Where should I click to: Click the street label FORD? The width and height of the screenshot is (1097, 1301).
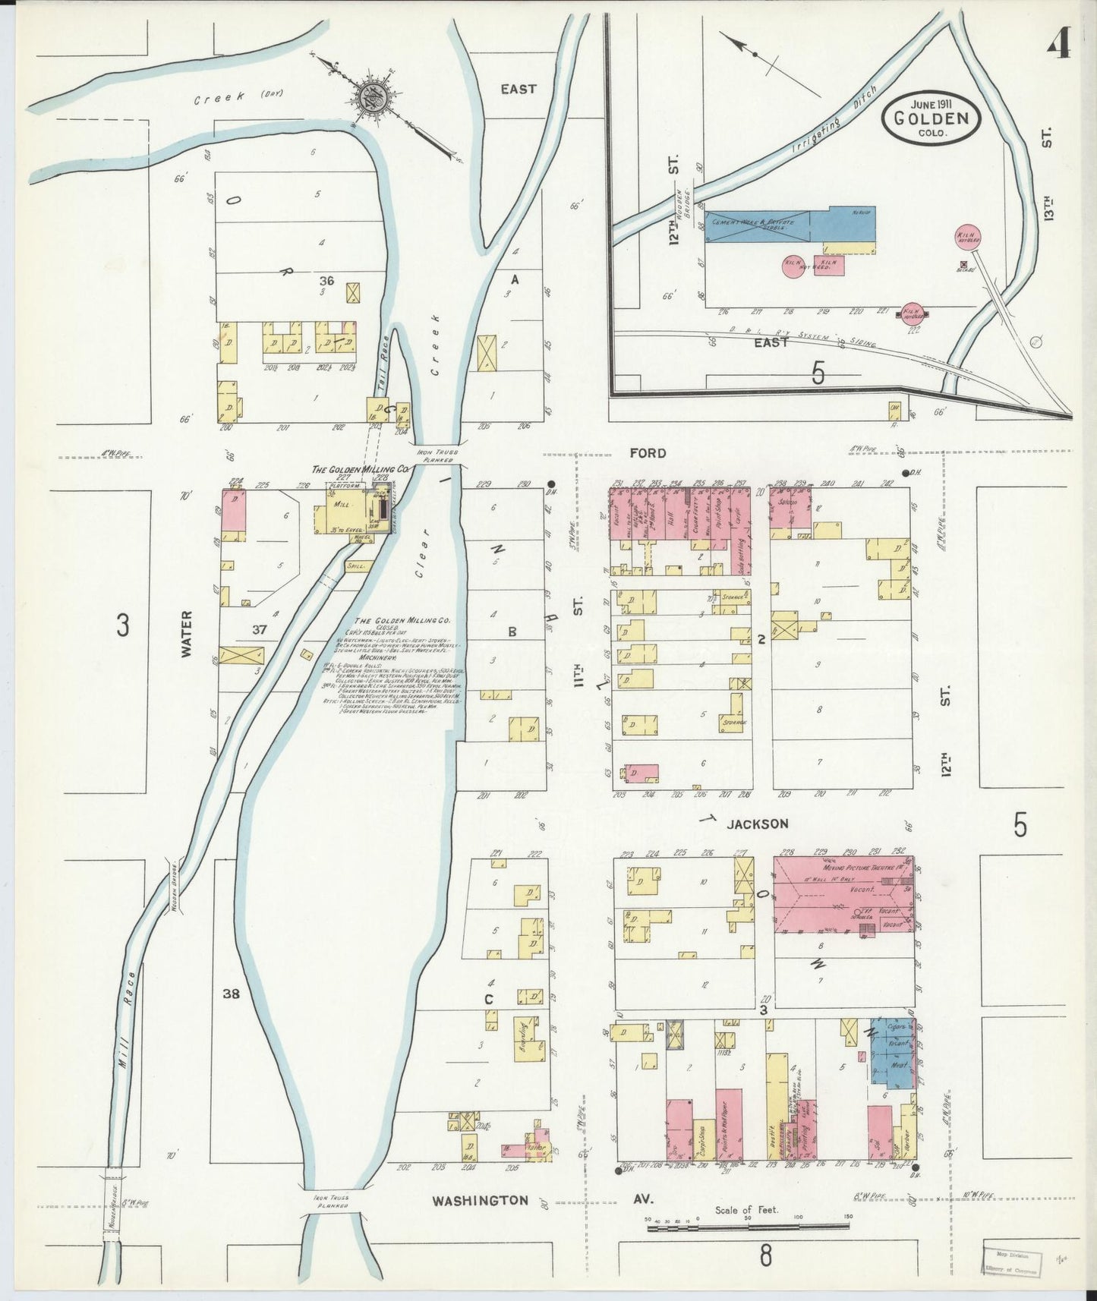(x=647, y=453)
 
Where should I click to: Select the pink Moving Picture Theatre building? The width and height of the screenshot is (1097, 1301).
(x=843, y=895)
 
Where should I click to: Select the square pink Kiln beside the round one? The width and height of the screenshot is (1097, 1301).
(x=828, y=266)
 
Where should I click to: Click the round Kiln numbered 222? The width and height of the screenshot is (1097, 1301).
(x=911, y=312)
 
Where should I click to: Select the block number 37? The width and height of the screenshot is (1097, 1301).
(x=260, y=629)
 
